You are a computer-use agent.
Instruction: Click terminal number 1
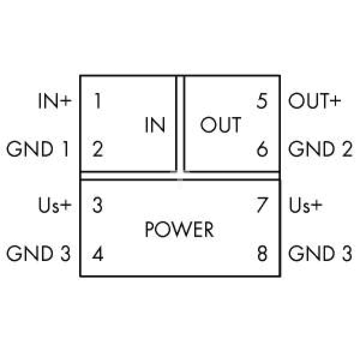[98, 100]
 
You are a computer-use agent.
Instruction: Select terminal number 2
[98, 149]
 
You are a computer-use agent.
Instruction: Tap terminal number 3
[97, 205]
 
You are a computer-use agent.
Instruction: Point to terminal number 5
[262, 100]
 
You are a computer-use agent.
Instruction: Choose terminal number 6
[262, 149]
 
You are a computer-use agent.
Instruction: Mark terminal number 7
[262, 205]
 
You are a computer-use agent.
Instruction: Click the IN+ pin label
[55, 100]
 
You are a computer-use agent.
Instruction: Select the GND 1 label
[38, 149]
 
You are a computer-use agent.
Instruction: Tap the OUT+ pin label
[315, 100]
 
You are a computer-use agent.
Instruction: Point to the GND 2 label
[320, 149]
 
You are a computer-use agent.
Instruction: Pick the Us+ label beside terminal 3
[55, 205]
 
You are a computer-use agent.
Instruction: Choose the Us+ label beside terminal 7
[305, 205]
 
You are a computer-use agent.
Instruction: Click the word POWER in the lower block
[179, 229]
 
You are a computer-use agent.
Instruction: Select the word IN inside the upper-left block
[155, 125]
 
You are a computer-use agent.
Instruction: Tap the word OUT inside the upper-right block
[221, 125]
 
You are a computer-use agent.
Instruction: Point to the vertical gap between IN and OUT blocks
[180, 123]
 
